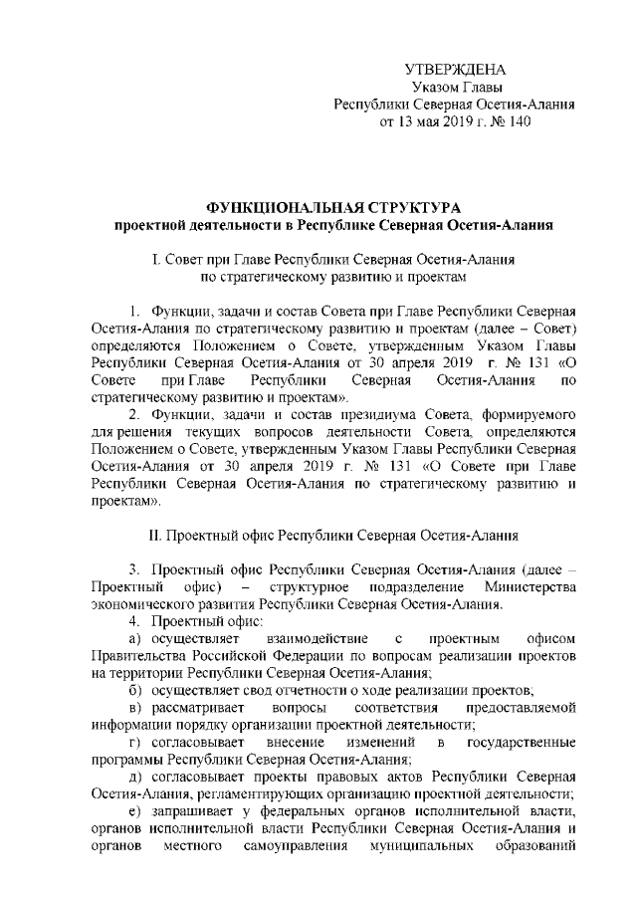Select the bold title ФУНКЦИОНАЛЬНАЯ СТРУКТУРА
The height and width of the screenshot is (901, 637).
coord(333,208)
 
